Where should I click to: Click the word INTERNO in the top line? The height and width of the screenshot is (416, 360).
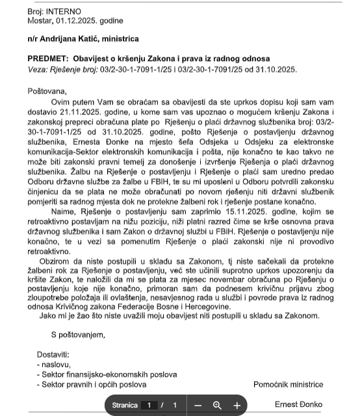(x=64, y=12)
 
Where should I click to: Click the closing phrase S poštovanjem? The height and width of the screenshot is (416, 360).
(x=78, y=335)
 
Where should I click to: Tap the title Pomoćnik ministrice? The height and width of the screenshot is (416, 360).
(x=288, y=384)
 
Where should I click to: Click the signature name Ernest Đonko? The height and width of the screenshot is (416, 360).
(x=298, y=404)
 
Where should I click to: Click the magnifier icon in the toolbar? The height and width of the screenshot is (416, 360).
(x=217, y=405)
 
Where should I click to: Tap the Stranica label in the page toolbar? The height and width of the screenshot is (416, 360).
(x=125, y=405)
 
